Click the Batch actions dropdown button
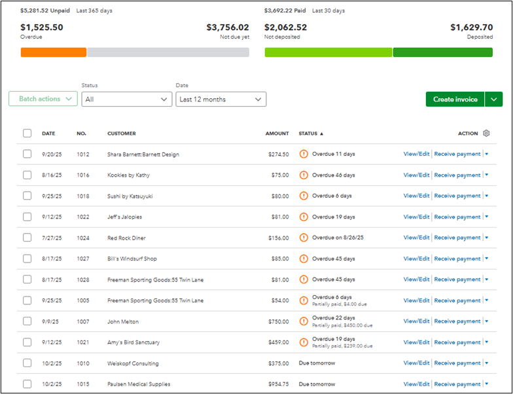pos(43,99)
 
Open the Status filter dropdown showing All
pos(127,99)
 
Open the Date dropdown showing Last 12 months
pos(221,99)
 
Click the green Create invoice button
pos(455,99)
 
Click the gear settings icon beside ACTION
pos(486,134)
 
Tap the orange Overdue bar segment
pos(54,52)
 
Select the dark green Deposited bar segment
pos(442,52)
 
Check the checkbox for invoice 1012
pos(27,154)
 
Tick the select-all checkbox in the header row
pos(27,134)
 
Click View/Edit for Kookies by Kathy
pos(416,175)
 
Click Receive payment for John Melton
pos(457,321)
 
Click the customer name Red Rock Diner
pos(126,238)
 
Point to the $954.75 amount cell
pos(279,384)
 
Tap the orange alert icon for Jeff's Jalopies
pos(304,217)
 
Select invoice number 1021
pos(83,342)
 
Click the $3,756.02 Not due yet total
pos(228,27)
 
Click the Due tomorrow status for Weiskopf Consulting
pos(317,363)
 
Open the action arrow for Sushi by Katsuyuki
pos(487,196)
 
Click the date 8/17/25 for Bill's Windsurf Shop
pos(52,259)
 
